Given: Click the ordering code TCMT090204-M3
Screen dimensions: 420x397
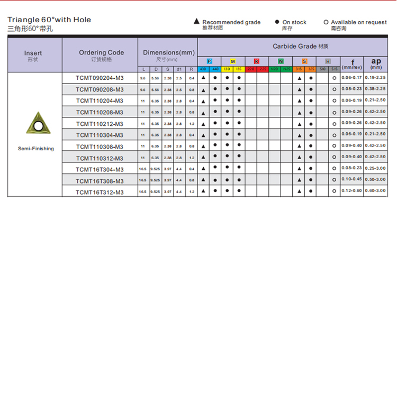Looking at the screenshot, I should tap(100, 78).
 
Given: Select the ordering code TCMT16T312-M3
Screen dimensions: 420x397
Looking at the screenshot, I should tap(100, 193).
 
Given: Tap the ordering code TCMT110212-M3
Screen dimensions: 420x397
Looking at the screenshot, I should tap(100, 124).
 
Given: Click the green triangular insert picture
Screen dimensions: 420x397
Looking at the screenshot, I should tap(36, 123).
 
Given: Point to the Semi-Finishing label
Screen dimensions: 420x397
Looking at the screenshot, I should tap(36, 149).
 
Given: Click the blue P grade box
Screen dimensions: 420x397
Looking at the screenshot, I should tap(210, 62).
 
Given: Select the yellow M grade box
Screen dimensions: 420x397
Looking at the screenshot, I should tap(233, 62).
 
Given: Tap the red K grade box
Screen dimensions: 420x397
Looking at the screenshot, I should tap(257, 62).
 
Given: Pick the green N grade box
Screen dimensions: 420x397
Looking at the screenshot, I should tap(281, 62).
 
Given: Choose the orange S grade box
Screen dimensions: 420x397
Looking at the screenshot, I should tap(304, 62).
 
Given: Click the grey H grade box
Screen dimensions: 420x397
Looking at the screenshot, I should tap(328, 62).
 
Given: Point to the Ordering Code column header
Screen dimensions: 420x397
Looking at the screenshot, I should tap(101, 52).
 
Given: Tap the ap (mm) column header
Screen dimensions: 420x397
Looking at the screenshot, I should tap(376, 63).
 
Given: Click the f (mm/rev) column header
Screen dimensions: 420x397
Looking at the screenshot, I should tap(352, 63).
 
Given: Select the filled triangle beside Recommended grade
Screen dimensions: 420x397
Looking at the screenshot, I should tap(197, 22).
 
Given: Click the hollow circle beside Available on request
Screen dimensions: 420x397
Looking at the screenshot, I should tap(326, 22).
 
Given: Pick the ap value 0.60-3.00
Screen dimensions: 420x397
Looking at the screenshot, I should tap(375, 190).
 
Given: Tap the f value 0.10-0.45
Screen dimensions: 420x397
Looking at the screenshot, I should tap(351, 179).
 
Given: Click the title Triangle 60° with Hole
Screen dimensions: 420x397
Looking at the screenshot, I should tap(49, 20).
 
